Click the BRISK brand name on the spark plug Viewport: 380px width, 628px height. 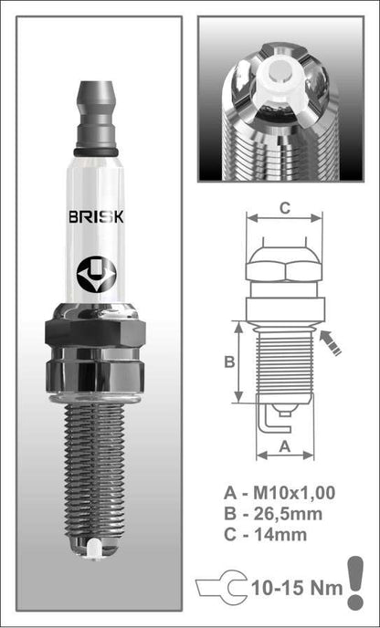coord(96,216)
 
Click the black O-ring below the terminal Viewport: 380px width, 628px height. coord(96,152)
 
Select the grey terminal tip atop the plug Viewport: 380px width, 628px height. coord(96,114)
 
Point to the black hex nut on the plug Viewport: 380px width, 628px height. coord(95,332)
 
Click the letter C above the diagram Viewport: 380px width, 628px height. coord(284,208)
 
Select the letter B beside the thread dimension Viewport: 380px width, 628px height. coord(229,362)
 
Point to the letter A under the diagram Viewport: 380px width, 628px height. coord(285,447)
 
